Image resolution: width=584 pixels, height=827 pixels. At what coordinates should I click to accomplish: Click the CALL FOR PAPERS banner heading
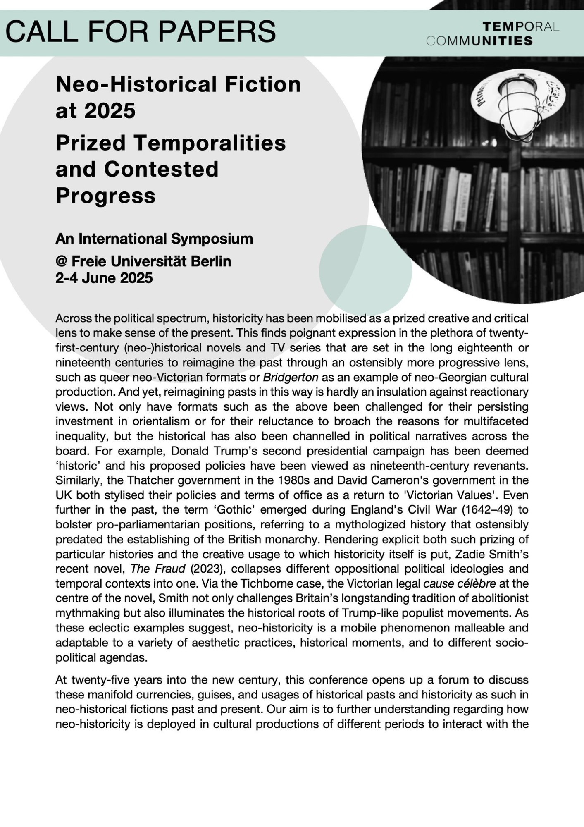pyautogui.click(x=141, y=32)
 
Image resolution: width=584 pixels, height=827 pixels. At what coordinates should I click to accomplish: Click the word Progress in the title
pyautogui.click(x=105, y=196)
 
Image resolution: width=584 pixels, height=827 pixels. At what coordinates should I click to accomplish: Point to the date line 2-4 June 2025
pyautogui.click(x=104, y=277)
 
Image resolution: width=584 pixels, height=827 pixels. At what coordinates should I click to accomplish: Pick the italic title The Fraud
pyautogui.click(x=158, y=569)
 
